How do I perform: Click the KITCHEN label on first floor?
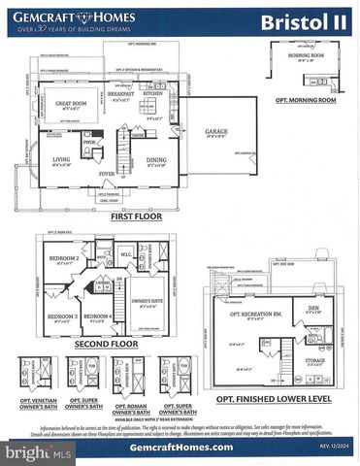point(152,92)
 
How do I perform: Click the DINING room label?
point(155,159)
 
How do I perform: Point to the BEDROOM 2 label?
point(64,259)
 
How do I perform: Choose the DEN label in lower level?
point(312,310)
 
